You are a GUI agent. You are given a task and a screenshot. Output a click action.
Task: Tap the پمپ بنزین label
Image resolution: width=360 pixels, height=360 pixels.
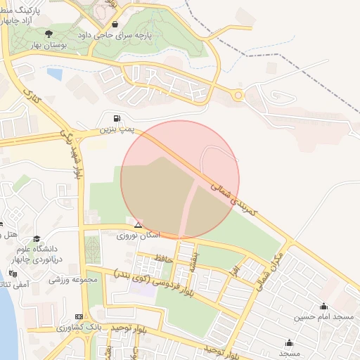pos(115,129)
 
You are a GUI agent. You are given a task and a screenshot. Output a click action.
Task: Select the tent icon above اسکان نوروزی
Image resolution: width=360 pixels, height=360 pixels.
pos(138,226)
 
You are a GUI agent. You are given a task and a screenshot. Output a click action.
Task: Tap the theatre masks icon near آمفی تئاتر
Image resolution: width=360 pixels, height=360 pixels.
pos(12,274)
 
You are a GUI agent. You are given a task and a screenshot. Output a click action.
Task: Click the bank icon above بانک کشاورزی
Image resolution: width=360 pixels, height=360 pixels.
pos(78,316)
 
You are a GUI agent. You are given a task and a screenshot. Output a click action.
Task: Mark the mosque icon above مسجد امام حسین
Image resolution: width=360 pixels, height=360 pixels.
pos(323,307)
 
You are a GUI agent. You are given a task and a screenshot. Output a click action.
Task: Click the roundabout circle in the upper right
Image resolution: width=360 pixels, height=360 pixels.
pos(238,95)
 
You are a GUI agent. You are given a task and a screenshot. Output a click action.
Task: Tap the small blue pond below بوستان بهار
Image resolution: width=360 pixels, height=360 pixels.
pos(54,72)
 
